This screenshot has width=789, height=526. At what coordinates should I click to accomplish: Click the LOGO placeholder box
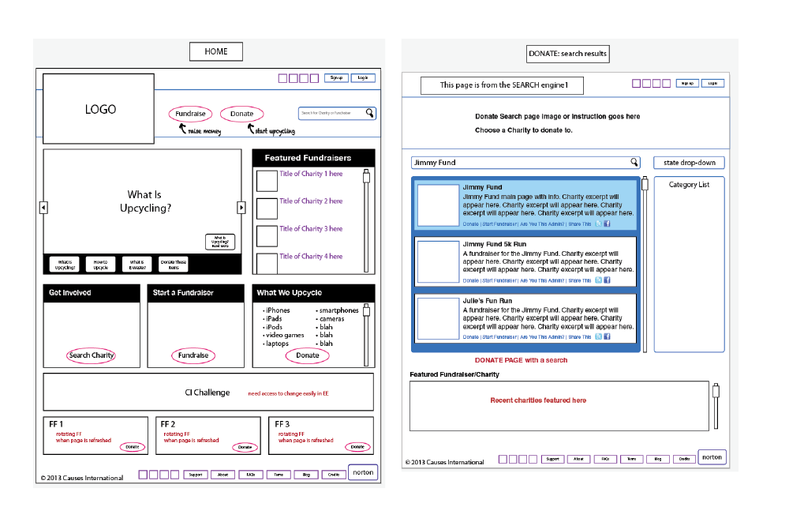click(99, 109)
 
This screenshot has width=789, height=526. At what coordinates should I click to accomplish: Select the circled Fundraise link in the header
click(190, 114)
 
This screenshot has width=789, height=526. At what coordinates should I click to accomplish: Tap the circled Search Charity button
click(92, 355)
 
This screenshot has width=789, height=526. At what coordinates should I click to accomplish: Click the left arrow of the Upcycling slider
click(43, 208)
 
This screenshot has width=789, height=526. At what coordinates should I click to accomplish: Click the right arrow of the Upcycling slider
click(241, 208)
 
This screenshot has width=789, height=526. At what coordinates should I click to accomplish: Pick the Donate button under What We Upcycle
click(308, 355)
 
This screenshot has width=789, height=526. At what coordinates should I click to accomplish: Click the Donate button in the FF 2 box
click(245, 447)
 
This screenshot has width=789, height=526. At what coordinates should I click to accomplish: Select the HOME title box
click(216, 51)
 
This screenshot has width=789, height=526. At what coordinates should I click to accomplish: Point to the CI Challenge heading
click(208, 393)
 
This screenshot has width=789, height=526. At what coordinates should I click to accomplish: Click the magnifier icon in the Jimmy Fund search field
click(634, 163)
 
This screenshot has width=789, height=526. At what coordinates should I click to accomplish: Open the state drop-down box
click(689, 163)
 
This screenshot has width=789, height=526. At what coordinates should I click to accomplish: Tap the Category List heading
click(689, 185)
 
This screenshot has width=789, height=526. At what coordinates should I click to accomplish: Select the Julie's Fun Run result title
click(487, 301)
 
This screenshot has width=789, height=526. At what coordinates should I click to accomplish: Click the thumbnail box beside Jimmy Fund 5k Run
click(438, 262)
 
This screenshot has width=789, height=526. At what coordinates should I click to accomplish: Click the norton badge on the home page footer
click(363, 472)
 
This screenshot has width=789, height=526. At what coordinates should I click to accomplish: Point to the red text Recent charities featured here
click(538, 400)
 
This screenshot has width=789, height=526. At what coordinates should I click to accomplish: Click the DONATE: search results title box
click(568, 54)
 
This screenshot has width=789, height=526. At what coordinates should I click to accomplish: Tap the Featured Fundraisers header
click(313, 158)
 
